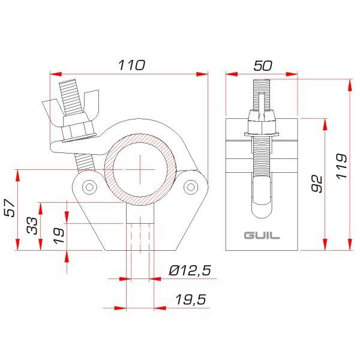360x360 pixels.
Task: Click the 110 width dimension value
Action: point(132,65)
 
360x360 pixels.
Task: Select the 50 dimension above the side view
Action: point(263,65)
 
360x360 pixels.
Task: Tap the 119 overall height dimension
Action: point(341,166)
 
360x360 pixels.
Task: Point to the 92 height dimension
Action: point(317,184)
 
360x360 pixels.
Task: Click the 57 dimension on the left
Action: point(10,208)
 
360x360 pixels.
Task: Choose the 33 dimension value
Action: point(32,226)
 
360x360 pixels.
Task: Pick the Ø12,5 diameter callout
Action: point(190,270)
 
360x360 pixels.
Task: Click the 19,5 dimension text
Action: point(191,299)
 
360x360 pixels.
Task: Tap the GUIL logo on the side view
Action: point(262,236)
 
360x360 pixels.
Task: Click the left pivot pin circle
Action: point(89,187)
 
